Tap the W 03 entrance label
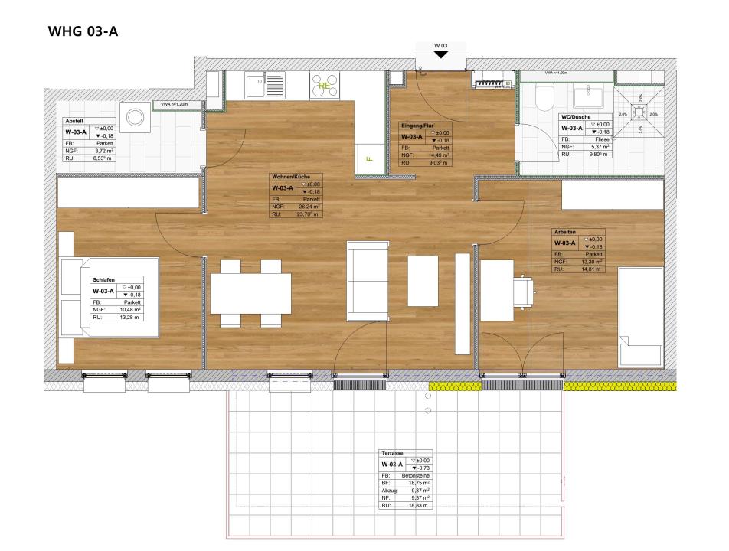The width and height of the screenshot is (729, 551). pos(440,47)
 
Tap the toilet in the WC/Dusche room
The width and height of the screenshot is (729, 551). pos(544,97)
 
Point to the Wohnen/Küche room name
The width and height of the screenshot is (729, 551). pos(290,177)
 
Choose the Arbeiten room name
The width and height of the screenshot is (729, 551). pos(566,231)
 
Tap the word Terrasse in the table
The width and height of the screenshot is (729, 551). pos(393,455)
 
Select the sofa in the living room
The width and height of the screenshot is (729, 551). pos(366,280)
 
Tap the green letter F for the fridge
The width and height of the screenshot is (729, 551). pos(369,160)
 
